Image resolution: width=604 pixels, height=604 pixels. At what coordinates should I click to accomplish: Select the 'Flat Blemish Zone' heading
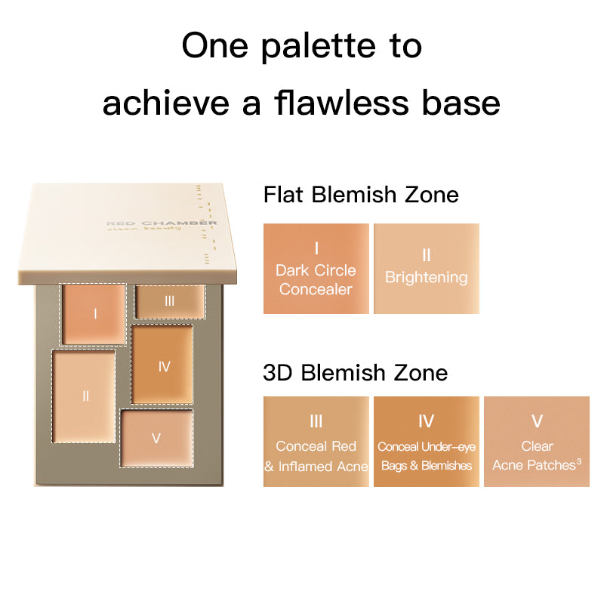click(361, 195)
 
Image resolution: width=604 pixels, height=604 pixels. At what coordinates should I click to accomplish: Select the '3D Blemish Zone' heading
click(355, 372)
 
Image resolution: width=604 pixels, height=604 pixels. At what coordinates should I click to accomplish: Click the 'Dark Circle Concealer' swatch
click(316, 269)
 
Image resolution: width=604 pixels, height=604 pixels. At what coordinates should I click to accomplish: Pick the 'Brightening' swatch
click(427, 269)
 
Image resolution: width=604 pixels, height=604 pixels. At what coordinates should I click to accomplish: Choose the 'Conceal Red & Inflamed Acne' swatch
click(316, 442)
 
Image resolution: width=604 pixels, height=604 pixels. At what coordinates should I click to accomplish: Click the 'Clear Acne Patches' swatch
click(537, 442)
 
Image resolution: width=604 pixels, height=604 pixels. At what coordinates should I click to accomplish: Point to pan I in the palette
click(94, 313)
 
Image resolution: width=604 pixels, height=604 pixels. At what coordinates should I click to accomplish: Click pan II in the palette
click(85, 395)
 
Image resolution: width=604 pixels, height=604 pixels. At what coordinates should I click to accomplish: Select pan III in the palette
click(170, 301)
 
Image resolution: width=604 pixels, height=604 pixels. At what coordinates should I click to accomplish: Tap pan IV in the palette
click(162, 365)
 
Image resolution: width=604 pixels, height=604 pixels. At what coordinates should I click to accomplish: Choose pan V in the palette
click(157, 438)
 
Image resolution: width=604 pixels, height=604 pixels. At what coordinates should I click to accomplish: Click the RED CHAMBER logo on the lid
click(162, 223)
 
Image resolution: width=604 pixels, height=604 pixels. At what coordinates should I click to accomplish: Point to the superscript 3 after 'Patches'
click(578, 461)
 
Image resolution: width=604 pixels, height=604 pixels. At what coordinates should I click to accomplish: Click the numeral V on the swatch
click(537, 421)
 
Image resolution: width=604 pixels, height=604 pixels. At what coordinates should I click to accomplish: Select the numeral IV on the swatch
click(426, 421)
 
